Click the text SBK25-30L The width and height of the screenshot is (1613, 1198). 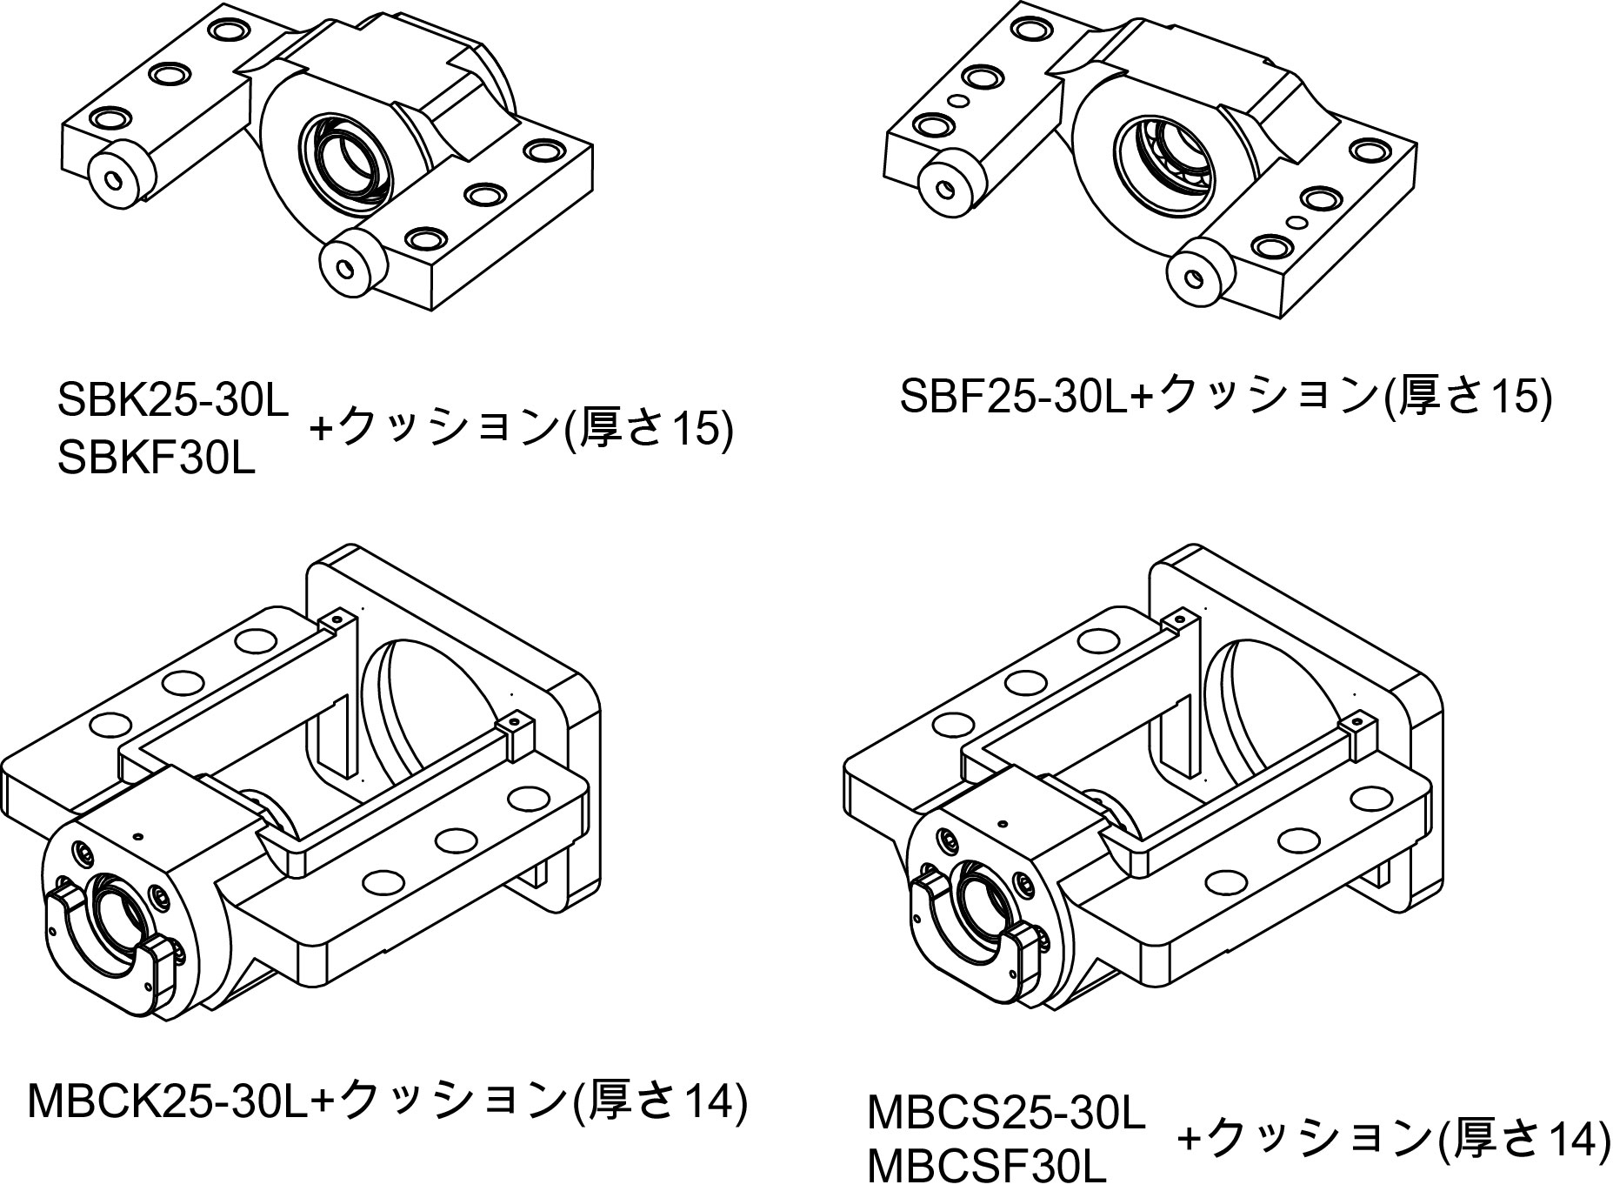tap(171, 399)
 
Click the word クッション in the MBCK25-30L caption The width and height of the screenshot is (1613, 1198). tap(451, 1101)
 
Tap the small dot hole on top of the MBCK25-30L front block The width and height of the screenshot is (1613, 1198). tap(137, 835)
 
